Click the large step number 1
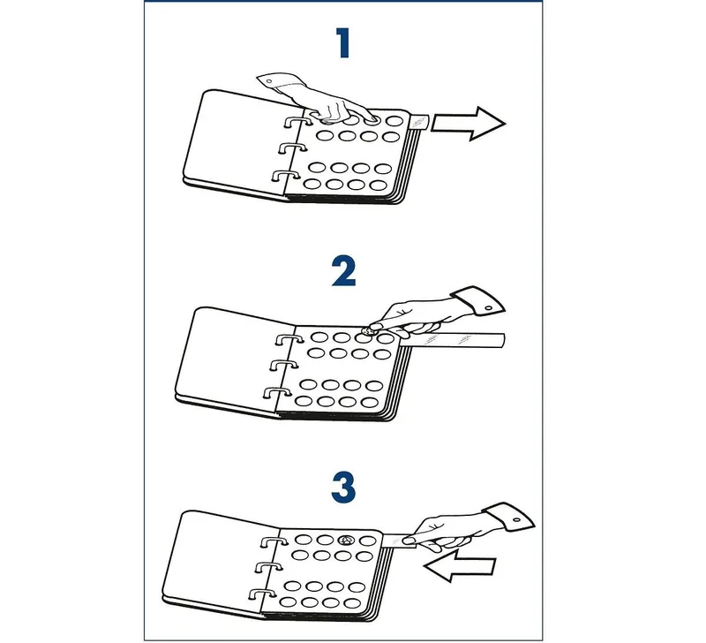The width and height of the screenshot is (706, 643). pos(343,42)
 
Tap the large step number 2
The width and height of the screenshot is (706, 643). pos(344,271)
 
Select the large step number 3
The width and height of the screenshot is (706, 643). pos(344,488)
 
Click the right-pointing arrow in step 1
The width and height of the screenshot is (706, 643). pos(469,124)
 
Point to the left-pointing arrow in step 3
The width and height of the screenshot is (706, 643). pos(459,565)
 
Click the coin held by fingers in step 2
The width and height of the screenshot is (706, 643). pos(369,332)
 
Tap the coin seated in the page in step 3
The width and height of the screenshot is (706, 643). pos(346,540)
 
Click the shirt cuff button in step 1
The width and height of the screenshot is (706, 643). pos(269,81)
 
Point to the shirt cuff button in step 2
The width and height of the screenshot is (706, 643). pos(489,308)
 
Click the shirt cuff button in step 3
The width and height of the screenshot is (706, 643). pos(516,520)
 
